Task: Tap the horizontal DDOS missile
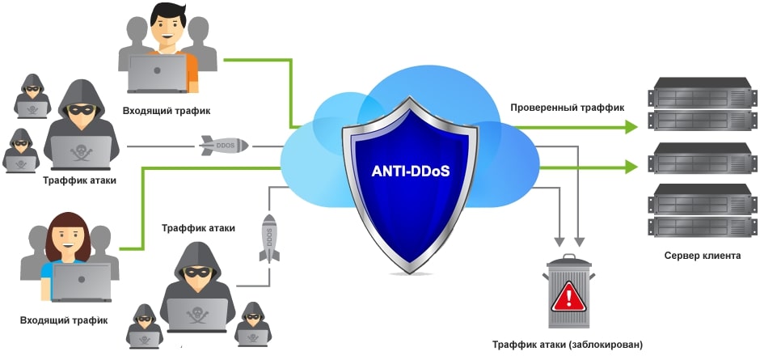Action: tap(224, 146)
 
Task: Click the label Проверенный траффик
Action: tap(567, 107)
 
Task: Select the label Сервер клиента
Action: tap(702, 256)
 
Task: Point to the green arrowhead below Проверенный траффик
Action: tap(630, 167)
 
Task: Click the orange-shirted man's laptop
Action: tap(158, 74)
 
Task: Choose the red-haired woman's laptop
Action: tap(81, 282)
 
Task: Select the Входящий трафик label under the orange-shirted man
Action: tap(167, 111)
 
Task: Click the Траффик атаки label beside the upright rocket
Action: tap(198, 228)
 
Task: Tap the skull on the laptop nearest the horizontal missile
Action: tap(80, 150)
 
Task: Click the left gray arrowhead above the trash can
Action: tap(558, 239)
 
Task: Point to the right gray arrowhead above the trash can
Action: tap(579, 239)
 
